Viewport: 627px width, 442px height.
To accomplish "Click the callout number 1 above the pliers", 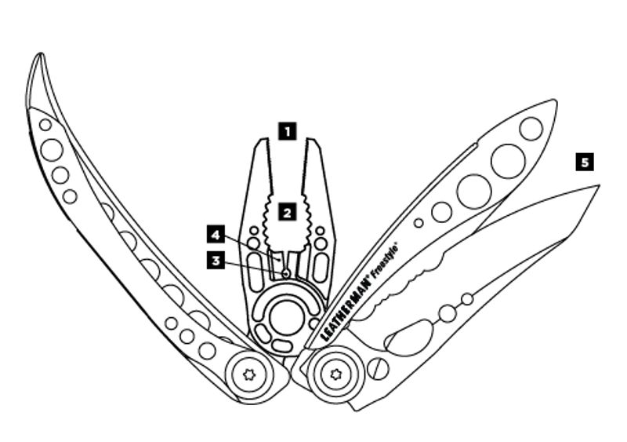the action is [288, 130].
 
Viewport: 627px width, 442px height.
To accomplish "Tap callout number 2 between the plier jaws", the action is [288, 210].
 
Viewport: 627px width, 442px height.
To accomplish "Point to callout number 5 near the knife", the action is [584, 162].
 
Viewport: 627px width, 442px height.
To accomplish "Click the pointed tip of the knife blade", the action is [600, 185].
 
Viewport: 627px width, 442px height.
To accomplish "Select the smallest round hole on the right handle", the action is [419, 223].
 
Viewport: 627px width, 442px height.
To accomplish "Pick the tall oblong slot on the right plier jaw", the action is [319, 264].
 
